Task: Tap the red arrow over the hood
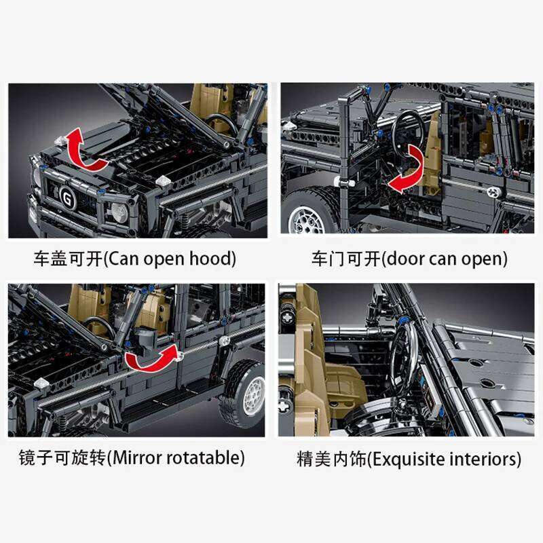pos(85,151)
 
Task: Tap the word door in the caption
pos(401,259)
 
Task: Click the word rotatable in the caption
pos(204,457)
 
